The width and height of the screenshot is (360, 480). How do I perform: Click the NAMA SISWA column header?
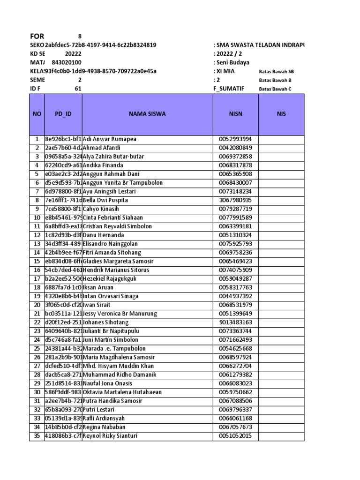click(x=148, y=114)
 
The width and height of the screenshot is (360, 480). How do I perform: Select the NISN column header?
click(x=236, y=114)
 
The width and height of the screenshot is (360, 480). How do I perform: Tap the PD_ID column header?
click(x=63, y=114)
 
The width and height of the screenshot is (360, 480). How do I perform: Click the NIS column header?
click(x=281, y=114)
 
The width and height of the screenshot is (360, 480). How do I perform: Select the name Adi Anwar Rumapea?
click(x=112, y=139)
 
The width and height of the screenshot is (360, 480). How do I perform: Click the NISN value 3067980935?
click(x=236, y=200)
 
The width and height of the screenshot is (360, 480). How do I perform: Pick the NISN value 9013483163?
click(x=236, y=322)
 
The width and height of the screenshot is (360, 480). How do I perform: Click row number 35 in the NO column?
click(x=37, y=436)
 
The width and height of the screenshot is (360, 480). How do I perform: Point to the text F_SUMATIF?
click(x=229, y=89)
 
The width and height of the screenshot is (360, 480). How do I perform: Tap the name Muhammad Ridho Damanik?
click(x=117, y=375)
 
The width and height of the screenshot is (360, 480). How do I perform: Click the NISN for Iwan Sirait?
click(x=236, y=305)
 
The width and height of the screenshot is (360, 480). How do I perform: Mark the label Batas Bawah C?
click(x=275, y=89)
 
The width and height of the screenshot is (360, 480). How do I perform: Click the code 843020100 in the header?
click(x=66, y=62)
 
